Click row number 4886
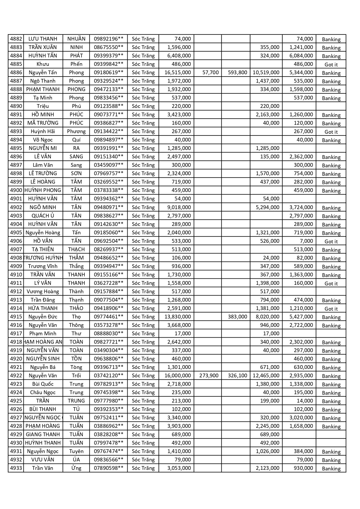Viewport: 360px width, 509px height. click(x=16, y=73)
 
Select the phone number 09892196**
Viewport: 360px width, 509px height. click(x=108, y=39)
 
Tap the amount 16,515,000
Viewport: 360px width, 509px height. click(x=178, y=73)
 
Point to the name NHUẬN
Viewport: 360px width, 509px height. click(x=76, y=39)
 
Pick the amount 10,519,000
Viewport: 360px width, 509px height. click(x=266, y=73)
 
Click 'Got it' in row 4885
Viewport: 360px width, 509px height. click(x=331, y=64)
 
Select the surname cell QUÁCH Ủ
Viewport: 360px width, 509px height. click(x=43, y=216)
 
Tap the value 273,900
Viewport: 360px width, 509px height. click(x=209, y=376)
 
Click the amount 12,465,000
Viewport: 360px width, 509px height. click(x=266, y=376)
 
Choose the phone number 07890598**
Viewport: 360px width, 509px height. click(x=108, y=468)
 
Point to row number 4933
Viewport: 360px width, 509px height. click(x=16, y=468)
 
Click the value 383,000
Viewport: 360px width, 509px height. click(x=237, y=317)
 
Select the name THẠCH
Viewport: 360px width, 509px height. click(x=76, y=249)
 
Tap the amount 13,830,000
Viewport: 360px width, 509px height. click(x=178, y=317)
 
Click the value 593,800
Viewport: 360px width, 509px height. click(x=237, y=73)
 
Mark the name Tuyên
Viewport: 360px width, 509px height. click(x=76, y=451)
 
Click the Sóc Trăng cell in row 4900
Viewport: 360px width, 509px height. click(x=143, y=191)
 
